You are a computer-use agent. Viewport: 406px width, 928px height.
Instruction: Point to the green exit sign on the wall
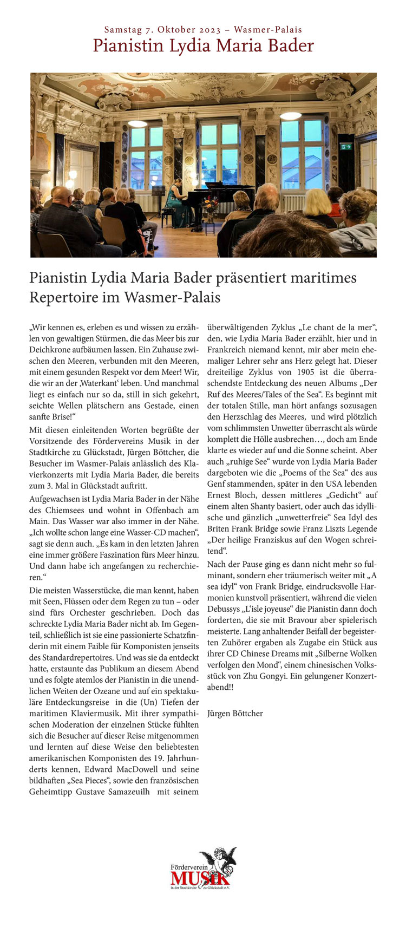tap(346, 146)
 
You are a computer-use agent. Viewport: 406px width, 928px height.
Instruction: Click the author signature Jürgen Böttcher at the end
tap(235, 713)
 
